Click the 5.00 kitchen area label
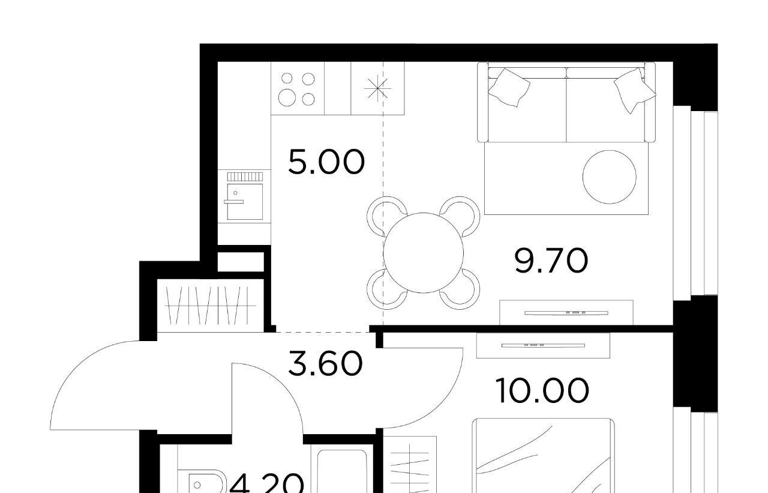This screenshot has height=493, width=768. tap(326, 162)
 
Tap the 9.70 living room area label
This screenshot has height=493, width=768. tap(551, 261)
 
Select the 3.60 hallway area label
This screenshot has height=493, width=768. tap(325, 363)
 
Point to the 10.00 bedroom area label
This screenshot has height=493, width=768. tap(542, 391)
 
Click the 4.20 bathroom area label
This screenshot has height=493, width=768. tap(267, 484)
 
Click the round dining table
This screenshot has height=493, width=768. tap(423, 253)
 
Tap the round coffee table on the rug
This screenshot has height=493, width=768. tap(609, 177)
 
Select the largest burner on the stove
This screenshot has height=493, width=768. tap(287, 97)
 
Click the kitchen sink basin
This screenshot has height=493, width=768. tap(245, 202)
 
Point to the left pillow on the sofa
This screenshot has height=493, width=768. tap(509, 88)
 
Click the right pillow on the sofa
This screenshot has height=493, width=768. tap(634, 90)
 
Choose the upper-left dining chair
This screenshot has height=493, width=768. tap(386, 216)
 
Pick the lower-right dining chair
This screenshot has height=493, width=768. tap(460, 289)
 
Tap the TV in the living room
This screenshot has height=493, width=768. tap(566, 313)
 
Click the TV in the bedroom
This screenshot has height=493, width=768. tap(543, 345)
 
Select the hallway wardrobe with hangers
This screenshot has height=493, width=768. tap(211, 305)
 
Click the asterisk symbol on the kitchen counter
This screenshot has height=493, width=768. tap(377, 88)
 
